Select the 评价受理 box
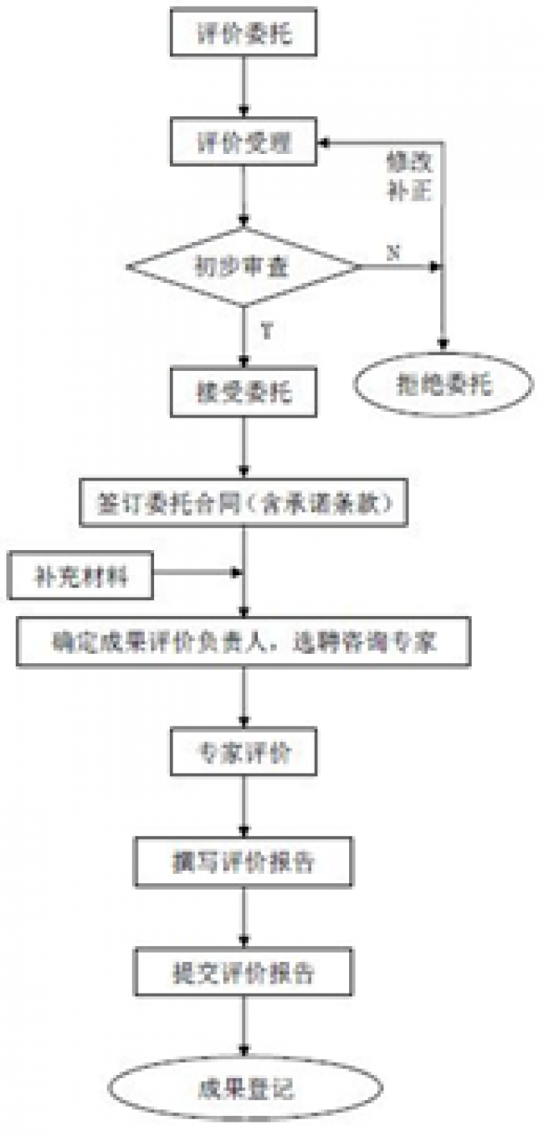[244, 142]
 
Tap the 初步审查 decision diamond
[244, 268]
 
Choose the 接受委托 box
[244, 391]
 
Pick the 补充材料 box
[82, 577]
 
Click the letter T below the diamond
[266, 332]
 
